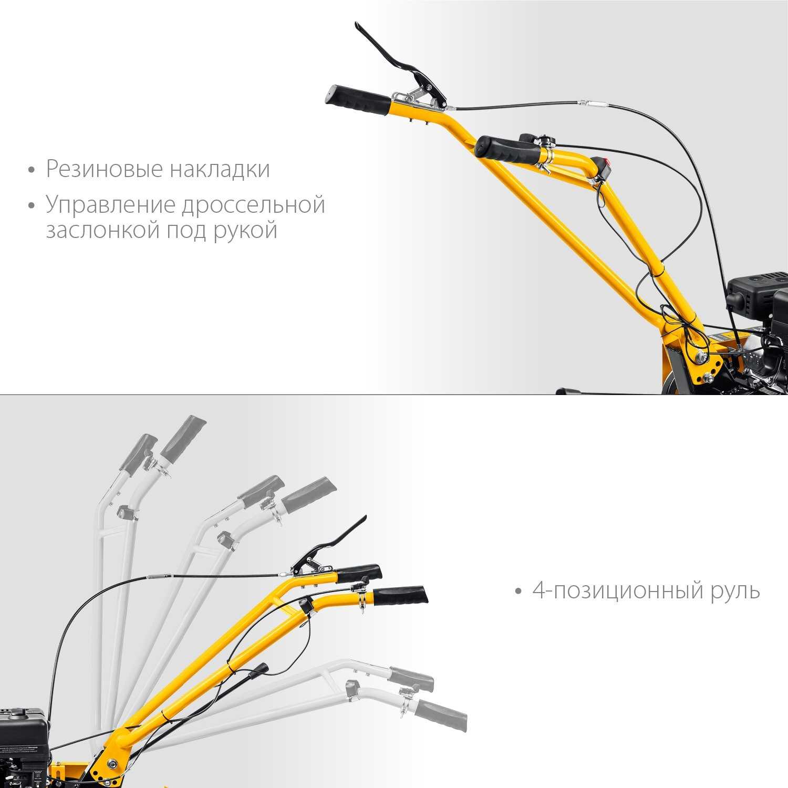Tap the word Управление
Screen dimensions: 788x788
click(110, 205)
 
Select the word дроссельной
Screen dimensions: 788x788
click(253, 205)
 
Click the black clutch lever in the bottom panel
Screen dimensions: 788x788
click(336, 544)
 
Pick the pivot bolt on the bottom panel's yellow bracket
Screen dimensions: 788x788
click(111, 763)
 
